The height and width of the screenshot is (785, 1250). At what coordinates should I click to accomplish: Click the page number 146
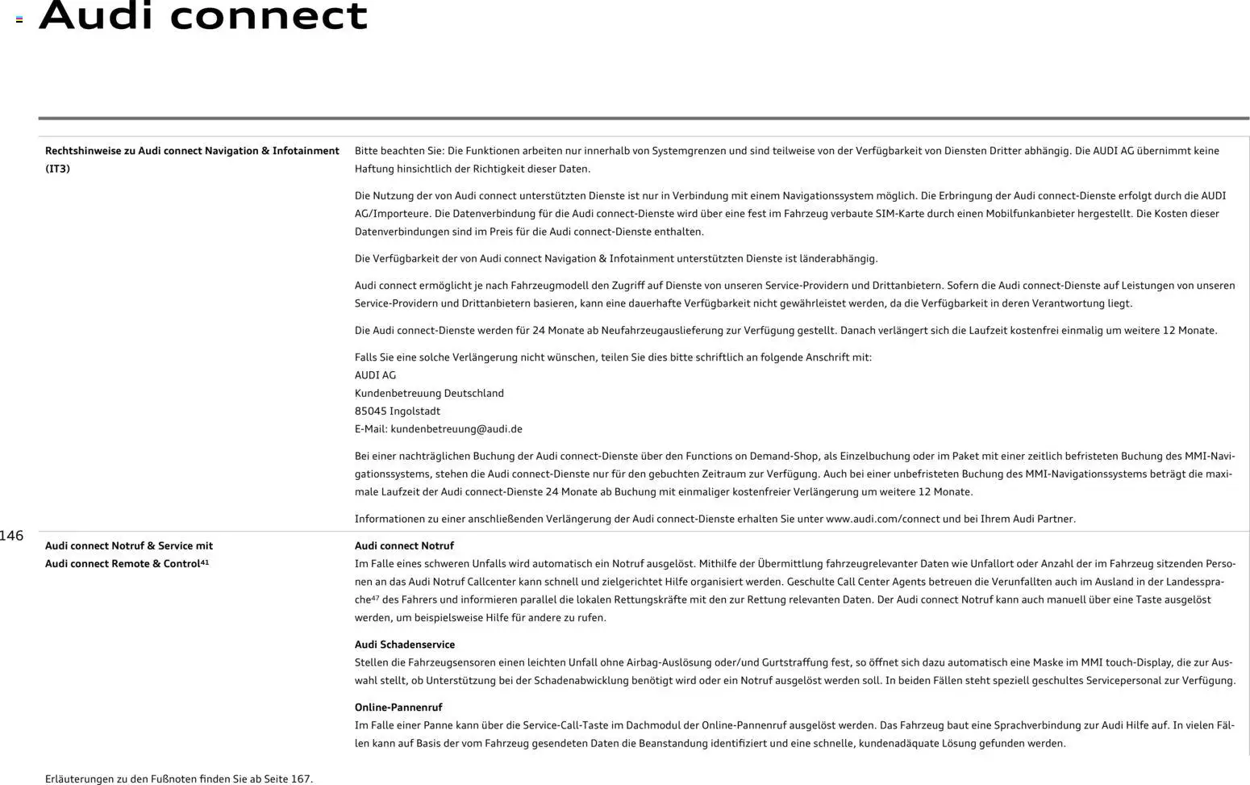tap(11, 536)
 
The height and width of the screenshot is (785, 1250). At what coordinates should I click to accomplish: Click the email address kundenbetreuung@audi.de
tap(456, 429)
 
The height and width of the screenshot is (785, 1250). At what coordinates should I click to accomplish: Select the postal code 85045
tap(370, 411)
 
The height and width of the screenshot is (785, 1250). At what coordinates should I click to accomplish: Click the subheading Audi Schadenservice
tap(405, 645)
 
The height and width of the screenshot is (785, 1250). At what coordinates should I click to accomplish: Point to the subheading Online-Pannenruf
tap(398, 708)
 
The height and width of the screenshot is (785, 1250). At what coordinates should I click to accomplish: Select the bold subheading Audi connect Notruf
tap(404, 546)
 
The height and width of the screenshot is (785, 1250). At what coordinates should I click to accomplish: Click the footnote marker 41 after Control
tap(204, 562)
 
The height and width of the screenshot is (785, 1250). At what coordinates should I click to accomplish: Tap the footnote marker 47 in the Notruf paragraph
tap(375, 598)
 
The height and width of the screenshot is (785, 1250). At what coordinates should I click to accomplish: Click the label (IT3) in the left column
tap(57, 169)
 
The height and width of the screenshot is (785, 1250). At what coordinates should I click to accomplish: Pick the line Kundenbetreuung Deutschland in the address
tap(429, 394)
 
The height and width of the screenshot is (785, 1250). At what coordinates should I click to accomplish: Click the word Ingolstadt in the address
tap(415, 411)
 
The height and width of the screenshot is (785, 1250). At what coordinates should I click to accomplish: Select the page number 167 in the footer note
tap(301, 779)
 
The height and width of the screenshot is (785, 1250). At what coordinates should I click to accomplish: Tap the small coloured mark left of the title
tap(19, 19)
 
